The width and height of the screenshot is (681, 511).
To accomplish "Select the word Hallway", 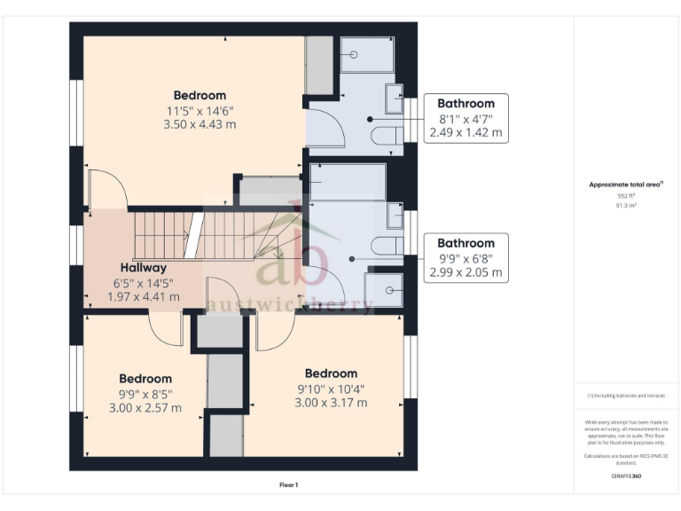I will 144,267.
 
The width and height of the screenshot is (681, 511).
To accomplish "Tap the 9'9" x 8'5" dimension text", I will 145,394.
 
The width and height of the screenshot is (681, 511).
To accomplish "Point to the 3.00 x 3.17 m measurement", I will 331,402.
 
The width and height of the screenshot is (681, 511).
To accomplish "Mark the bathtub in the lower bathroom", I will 347,182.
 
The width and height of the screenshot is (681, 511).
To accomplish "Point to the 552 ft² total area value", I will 627,195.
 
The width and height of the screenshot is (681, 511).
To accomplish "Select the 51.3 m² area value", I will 627,205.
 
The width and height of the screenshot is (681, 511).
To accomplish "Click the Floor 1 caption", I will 289,484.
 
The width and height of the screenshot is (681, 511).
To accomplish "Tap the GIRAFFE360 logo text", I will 626,476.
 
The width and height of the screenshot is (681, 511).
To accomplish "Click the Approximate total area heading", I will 626,185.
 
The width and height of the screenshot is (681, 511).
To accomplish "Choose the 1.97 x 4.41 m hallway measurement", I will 145,296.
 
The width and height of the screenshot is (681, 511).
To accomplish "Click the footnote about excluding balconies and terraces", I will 626,395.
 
